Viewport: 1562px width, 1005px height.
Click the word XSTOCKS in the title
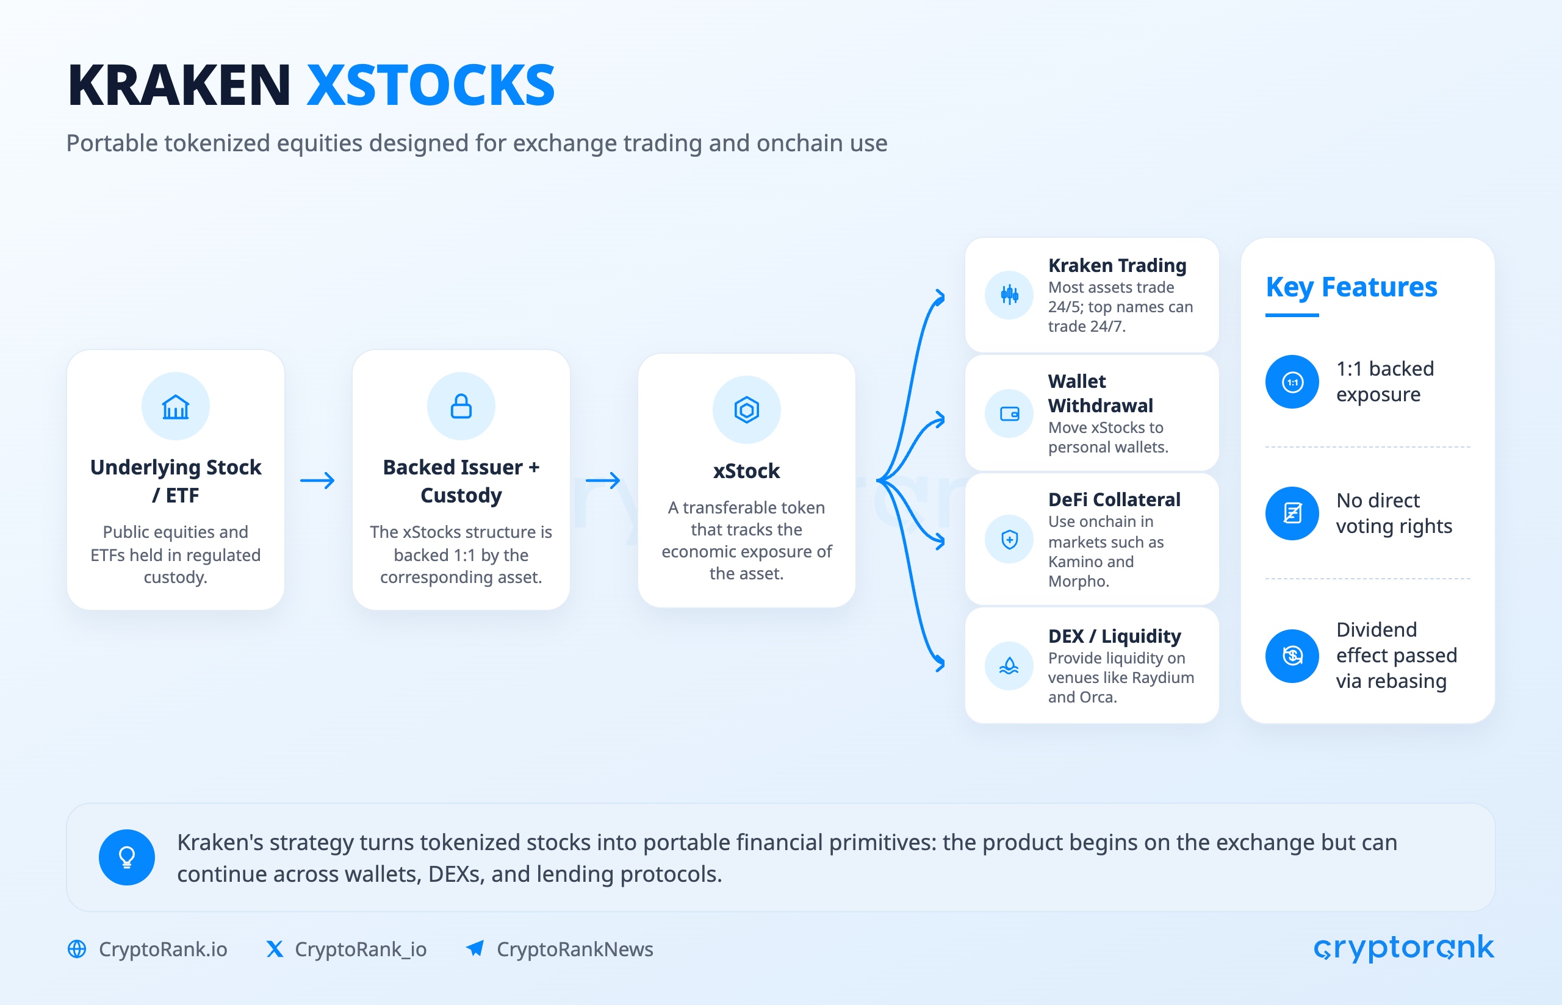pos(431,85)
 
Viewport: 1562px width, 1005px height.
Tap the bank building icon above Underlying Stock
pos(176,407)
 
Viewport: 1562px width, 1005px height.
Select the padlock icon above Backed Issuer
pos(461,406)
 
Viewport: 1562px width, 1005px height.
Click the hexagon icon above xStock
pos(746,410)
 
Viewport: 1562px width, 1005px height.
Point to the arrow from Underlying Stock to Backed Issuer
pos(317,481)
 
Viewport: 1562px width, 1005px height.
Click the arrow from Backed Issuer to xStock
pos(602,481)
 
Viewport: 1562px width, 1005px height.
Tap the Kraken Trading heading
pos(1117,266)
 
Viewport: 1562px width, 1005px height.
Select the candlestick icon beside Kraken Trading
pos(1009,295)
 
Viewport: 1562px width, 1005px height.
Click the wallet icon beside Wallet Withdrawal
pos(1009,413)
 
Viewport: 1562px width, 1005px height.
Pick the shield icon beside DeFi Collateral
pos(1009,540)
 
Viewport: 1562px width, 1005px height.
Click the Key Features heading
pos(1351,287)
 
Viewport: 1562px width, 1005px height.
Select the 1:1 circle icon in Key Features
pos(1292,382)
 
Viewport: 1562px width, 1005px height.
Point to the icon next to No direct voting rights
pos(1292,513)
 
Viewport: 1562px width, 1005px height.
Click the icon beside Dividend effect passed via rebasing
pos(1292,656)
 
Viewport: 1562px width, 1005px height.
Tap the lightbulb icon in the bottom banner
pos(127,857)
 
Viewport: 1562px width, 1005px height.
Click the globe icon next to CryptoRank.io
pos(77,949)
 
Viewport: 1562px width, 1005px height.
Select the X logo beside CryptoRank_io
pos(275,949)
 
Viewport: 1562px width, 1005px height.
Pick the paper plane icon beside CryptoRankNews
pos(475,948)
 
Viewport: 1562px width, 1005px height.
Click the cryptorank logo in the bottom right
pos(1403,948)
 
